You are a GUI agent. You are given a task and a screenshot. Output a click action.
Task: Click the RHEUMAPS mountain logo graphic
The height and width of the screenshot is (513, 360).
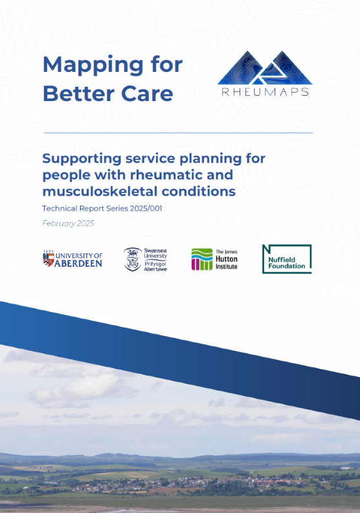click(264, 67)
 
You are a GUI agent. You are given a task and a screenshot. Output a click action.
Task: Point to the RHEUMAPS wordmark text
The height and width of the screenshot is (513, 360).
click(264, 91)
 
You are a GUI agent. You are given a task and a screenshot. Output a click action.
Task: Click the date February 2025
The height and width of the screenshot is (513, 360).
click(68, 223)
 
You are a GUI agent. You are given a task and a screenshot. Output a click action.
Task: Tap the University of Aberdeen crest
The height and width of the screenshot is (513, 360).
click(48, 260)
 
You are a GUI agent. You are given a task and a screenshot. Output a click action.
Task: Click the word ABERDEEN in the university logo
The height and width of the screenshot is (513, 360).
click(79, 264)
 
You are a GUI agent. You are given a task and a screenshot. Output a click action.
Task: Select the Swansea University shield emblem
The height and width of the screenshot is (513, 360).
click(133, 258)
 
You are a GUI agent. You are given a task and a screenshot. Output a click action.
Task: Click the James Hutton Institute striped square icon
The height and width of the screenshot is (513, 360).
click(201, 259)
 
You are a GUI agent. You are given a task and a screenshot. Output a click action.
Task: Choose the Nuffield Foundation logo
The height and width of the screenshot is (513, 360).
click(286, 259)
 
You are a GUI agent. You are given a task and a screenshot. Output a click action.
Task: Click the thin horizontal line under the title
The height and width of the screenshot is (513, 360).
click(178, 133)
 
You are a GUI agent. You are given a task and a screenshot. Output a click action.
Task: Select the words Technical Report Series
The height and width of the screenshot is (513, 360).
click(84, 209)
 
